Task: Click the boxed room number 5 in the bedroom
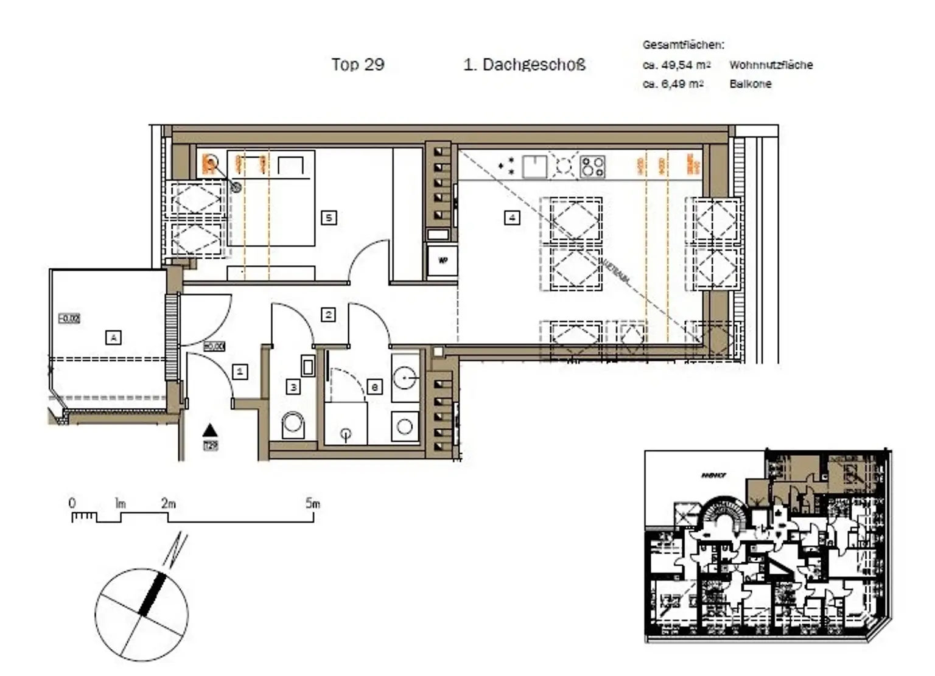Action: [329, 217]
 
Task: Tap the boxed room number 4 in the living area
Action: [512, 217]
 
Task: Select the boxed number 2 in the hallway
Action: [328, 314]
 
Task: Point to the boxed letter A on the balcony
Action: [113, 336]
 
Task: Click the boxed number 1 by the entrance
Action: [240, 371]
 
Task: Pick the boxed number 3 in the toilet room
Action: [293, 386]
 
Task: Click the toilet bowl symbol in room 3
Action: [293, 425]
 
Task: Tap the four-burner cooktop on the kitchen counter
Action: [592, 166]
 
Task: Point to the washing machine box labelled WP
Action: [443, 260]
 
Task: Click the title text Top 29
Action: [358, 64]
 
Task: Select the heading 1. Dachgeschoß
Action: [524, 64]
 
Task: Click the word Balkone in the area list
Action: [750, 84]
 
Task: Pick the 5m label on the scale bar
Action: [312, 503]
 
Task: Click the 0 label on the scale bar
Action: [72, 503]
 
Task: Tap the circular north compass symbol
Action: [142, 615]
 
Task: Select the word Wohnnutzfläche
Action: [771, 64]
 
